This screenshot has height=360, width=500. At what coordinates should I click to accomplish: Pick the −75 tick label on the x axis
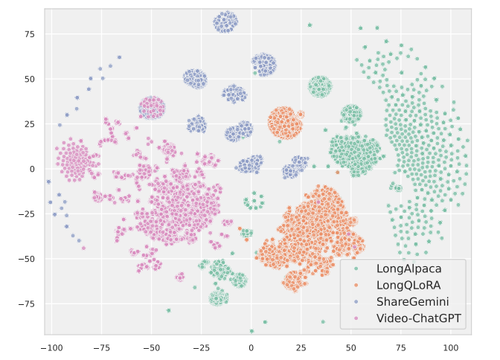click(x=101, y=347)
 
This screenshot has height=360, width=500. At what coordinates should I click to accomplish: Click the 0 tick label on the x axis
click(x=251, y=347)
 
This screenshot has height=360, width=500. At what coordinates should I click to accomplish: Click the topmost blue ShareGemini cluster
click(x=226, y=22)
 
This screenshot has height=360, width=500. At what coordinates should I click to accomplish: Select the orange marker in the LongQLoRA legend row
click(x=356, y=286)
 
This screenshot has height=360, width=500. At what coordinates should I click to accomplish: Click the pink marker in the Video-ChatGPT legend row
click(x=356, y=319)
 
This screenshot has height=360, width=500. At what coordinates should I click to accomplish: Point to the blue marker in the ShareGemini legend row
click(x=356, y=303)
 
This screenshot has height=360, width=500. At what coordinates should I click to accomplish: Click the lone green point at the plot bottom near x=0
click(x=251, y=331)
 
